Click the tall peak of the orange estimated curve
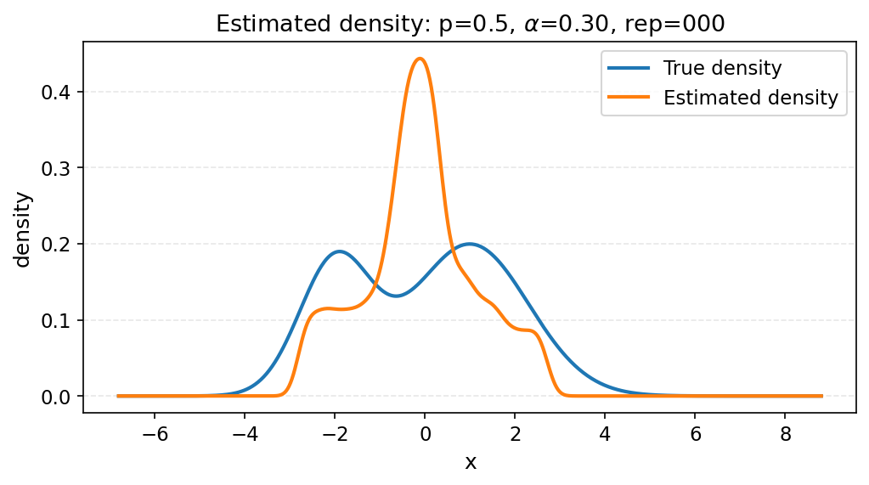coord(420,59)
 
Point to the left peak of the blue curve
coord(340,251)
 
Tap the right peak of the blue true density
coord(469,244)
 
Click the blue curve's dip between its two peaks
coord(396,296)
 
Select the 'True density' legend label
coord(722,68)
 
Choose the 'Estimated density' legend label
coord(750,98)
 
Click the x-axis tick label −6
coord(155,435)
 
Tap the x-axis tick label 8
coord(785,435)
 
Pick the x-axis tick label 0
coord(425,435)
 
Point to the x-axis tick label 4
coord(605,435)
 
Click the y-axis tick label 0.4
coord(56,92)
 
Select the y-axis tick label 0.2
coord(56,245)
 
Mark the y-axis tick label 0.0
coord(56,397)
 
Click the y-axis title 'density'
coord(23,229)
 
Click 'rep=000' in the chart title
coord(682,24)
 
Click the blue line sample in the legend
coord(629,68)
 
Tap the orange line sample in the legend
coord(629,98)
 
